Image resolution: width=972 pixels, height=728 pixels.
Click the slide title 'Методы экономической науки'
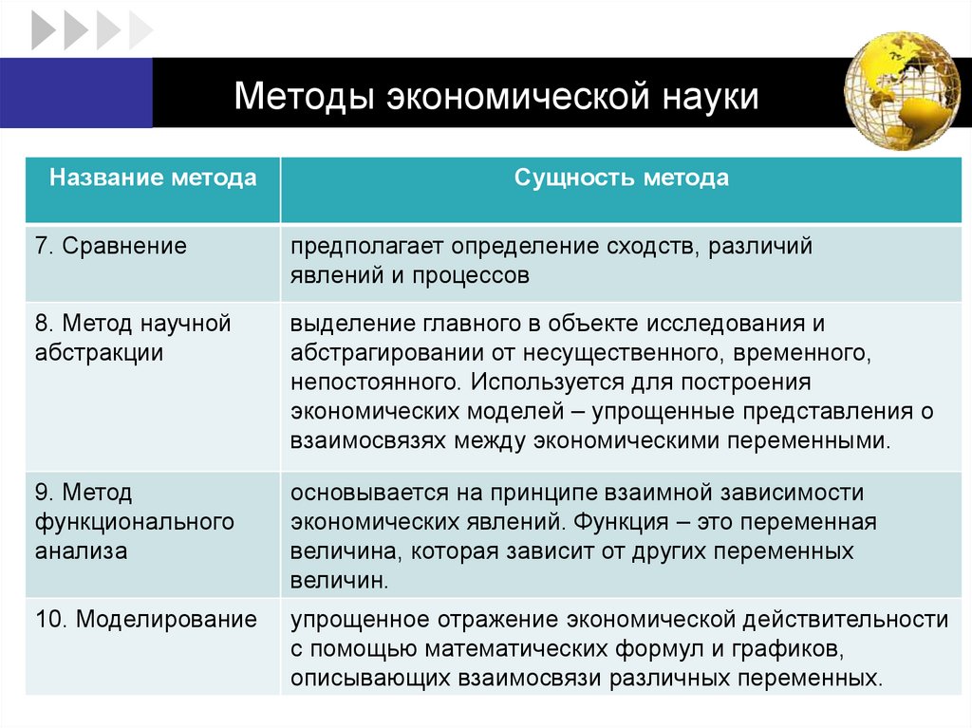[496, 98]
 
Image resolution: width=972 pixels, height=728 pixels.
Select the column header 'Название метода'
[153, 178]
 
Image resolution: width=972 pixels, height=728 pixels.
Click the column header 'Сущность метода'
[622, 178]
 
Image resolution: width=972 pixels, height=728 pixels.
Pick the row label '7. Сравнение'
[112, 247]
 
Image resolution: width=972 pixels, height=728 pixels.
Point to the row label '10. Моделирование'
[146, 620]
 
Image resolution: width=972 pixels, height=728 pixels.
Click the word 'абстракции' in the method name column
[100, 353]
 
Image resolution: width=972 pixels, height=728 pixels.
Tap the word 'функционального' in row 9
[135, 522]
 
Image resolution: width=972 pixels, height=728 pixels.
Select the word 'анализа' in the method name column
[82, 551]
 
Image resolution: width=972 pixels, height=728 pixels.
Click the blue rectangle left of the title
[76, 92]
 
